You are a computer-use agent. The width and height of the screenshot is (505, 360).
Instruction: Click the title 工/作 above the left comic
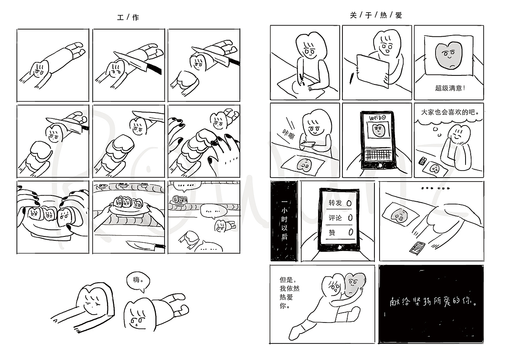click(128, 17)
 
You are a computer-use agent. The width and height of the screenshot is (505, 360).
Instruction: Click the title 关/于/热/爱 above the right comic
click(376, 15)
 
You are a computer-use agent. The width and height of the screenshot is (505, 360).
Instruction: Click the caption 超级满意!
click(450, 88)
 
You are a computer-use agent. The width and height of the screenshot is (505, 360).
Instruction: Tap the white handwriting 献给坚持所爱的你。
click(432, 303)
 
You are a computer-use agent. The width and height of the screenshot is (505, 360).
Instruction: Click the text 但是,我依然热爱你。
click(290, 292)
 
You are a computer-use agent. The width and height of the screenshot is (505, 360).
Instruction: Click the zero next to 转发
click(349, 203)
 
